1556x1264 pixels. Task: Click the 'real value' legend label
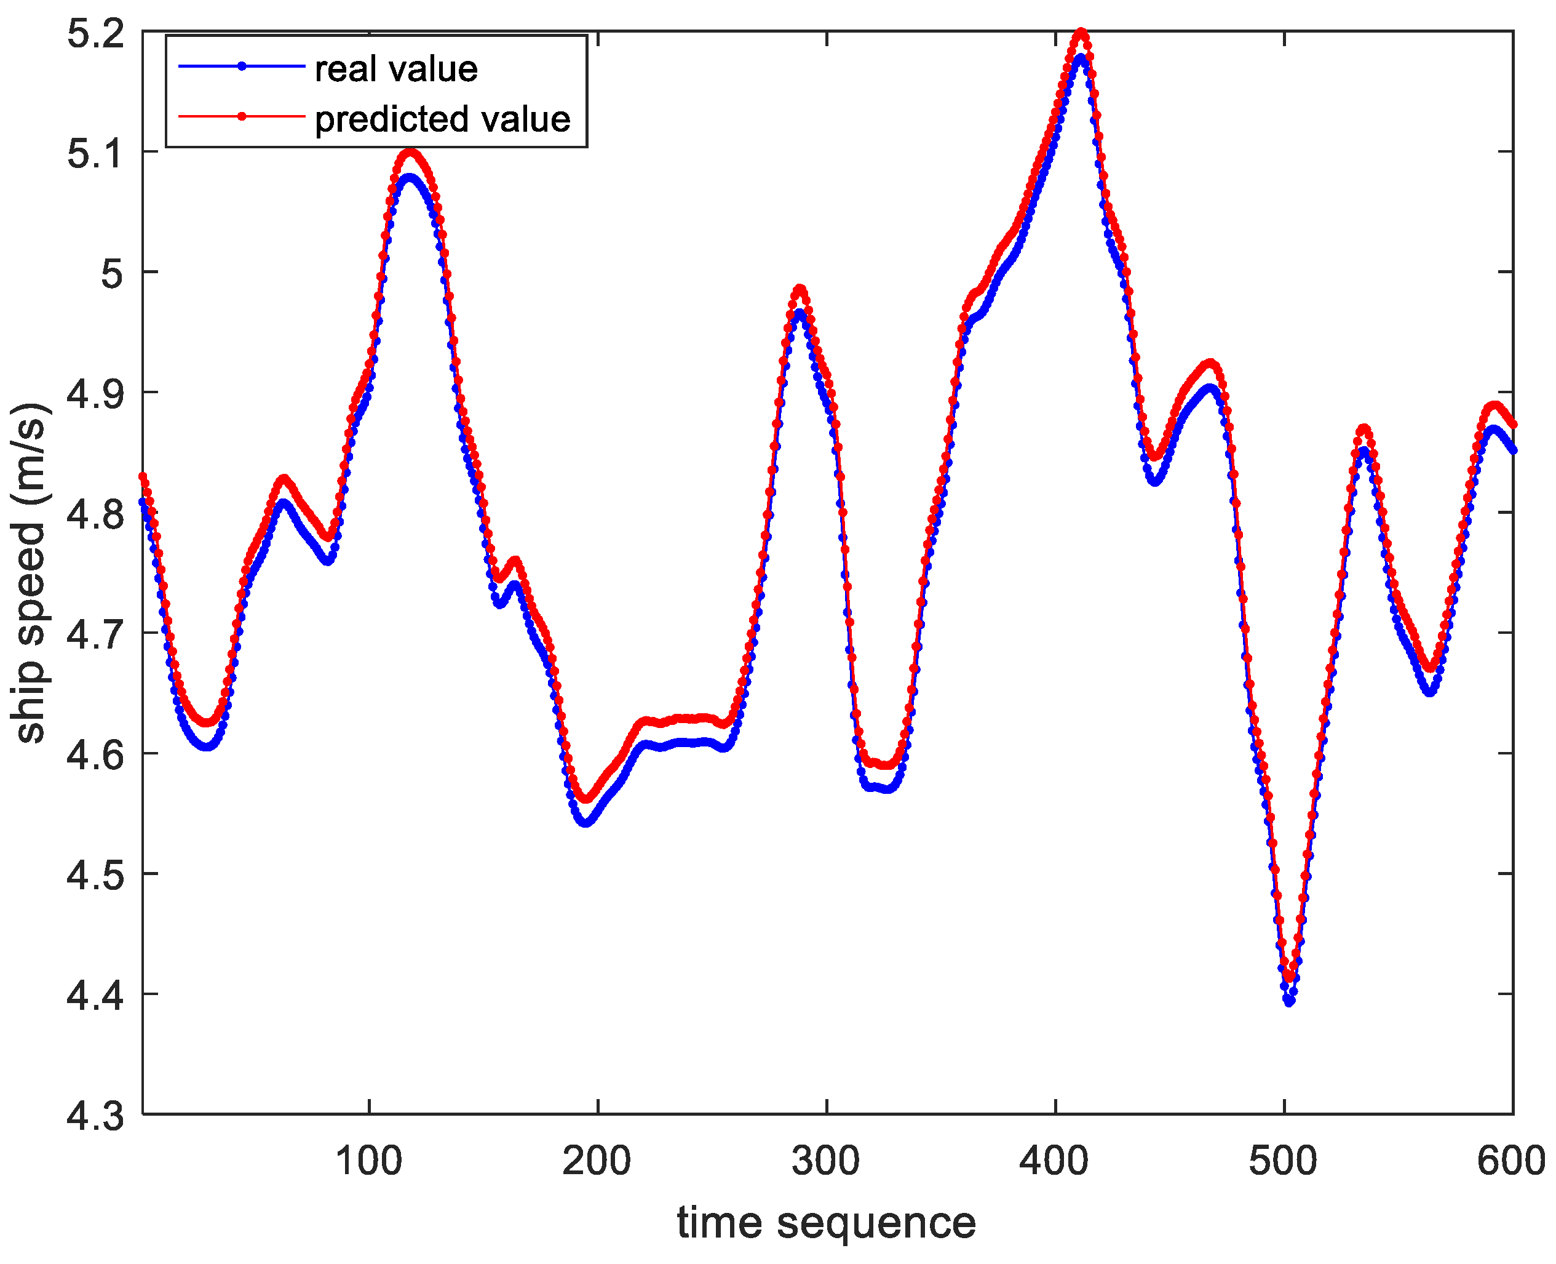(x=396, y=69)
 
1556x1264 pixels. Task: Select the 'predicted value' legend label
(x=442, y=119)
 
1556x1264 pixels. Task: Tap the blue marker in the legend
(x=242, y=66)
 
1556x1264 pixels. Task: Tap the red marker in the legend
(x=242, y=116)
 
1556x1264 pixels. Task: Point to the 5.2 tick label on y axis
(x=95, y=33)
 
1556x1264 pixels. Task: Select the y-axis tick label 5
(x=112, y=274)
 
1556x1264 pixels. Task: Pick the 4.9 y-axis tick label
(x=95, y=394)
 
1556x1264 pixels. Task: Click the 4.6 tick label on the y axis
(x=95, y=754)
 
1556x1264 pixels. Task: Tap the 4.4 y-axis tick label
(x=95, y=994)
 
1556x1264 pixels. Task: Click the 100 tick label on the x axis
(x=369, y=1161)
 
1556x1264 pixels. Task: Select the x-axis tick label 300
(x=826, y=1161)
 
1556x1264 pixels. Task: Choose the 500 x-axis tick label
(x=1283, y=1161)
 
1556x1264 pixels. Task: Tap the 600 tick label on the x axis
(x=1511, y=1161)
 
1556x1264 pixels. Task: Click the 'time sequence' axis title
(x=826, y=1223)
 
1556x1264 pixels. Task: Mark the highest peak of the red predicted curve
(x=1081, y=32)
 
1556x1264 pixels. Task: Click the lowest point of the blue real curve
(x=1289, y=1002)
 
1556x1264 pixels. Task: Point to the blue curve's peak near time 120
(x=410, y=177)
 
